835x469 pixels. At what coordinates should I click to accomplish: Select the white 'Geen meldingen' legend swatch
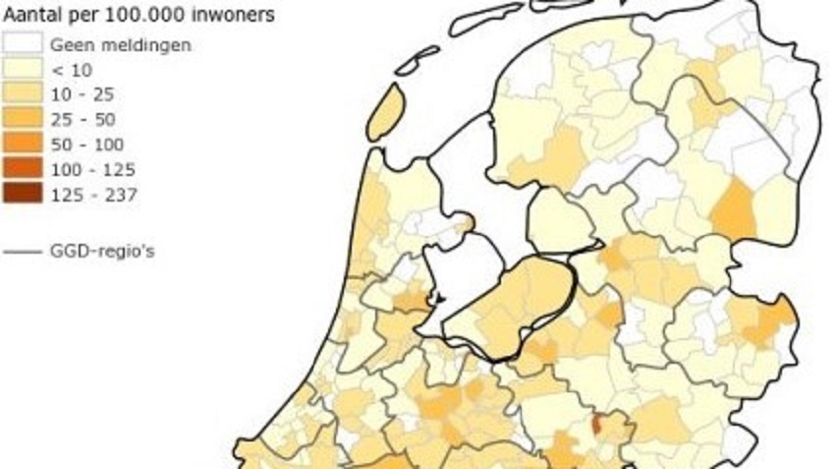coord(23,44)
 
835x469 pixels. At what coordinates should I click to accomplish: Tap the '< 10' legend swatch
coord(23,70)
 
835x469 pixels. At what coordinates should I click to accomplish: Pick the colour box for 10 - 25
coord(23,94)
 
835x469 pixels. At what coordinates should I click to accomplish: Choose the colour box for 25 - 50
coord(23,120)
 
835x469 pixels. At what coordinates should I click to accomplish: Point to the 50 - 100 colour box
coord(23,145)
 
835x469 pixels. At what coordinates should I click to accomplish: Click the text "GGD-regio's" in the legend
coord(102,252)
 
